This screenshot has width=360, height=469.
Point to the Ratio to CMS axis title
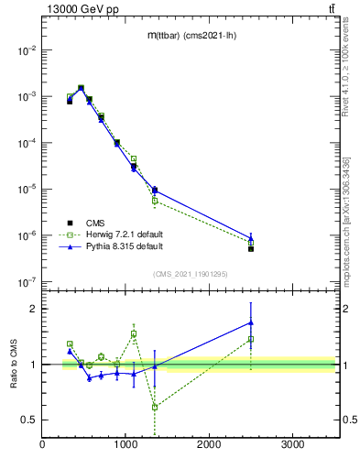click(x=14, y=365)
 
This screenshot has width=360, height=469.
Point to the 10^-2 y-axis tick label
click(x=26, y=50)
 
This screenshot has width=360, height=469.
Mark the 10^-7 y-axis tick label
click(x=26, y=282)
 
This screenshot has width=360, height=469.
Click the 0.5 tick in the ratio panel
click(x=29, y=420)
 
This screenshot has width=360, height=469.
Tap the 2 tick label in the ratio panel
click(x=34, y=309)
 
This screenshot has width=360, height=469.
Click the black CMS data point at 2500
click(x=250, y=248)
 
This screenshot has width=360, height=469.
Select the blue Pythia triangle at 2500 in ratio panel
click(x=250, y=322)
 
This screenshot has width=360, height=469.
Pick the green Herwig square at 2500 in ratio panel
click(x=250, y=339)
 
